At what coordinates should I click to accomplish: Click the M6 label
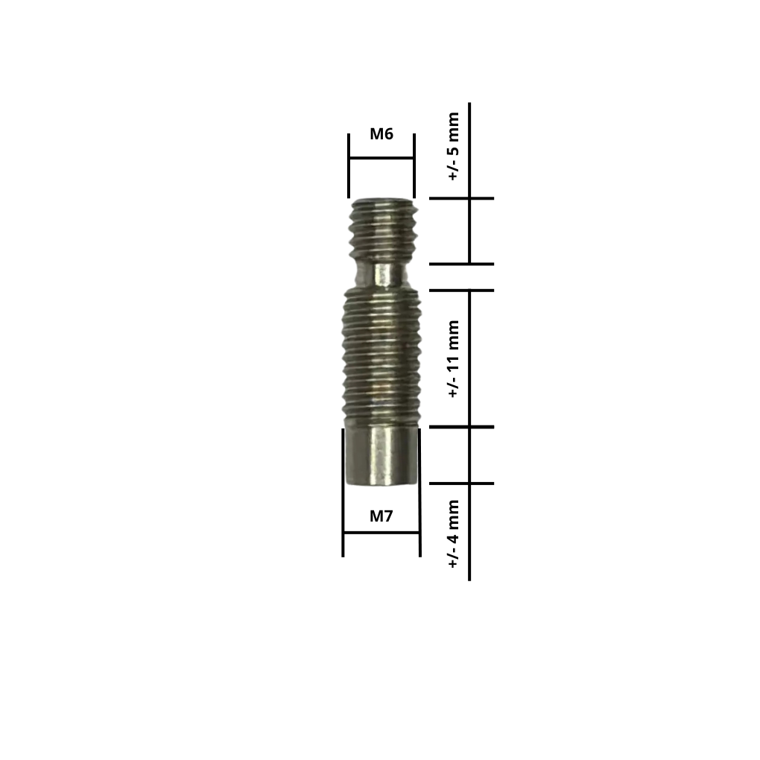click(381, 134)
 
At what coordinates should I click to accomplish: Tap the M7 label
click(381, 516)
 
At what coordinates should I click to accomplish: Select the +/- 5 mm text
click(453, 146)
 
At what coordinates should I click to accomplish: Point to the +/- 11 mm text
click(453, 358)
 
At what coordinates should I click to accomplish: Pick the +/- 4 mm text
click(453, 533)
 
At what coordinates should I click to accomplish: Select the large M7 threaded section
click(381, 358)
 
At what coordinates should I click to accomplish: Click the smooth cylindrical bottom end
click(381, 456)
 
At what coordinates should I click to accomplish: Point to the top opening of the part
click(383, 200)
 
